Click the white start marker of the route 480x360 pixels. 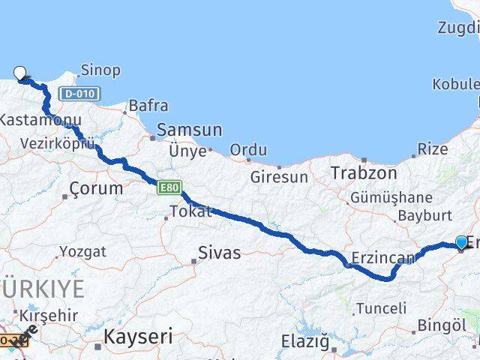coord(20,73)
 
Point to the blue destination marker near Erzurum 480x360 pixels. coord(460,242)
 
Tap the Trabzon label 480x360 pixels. coord(364,173)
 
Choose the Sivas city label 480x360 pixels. coord(219,253)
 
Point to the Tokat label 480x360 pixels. coord(190,211)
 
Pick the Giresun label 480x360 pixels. coord(279,178)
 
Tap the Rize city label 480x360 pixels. coord(433,149)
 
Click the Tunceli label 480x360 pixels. coord(381,308)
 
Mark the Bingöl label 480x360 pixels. coord(442,325)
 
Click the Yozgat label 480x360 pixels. coord(82,251)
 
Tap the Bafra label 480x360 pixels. coord(148,106)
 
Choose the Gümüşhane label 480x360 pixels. coord(391,198)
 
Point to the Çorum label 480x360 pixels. coord(95,188)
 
